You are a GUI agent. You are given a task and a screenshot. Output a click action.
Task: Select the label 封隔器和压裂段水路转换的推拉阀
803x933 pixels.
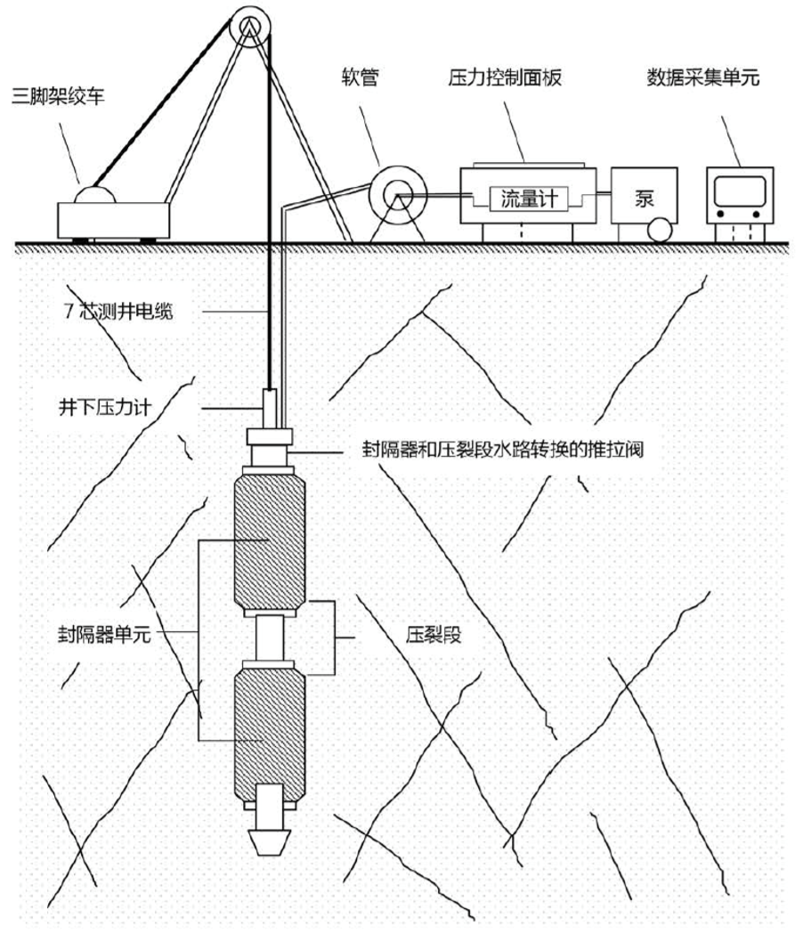(496, 450)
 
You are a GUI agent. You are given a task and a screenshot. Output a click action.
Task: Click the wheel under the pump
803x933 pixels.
(661, 230)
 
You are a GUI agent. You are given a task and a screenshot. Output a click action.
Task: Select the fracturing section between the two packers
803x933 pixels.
(269, 637)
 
